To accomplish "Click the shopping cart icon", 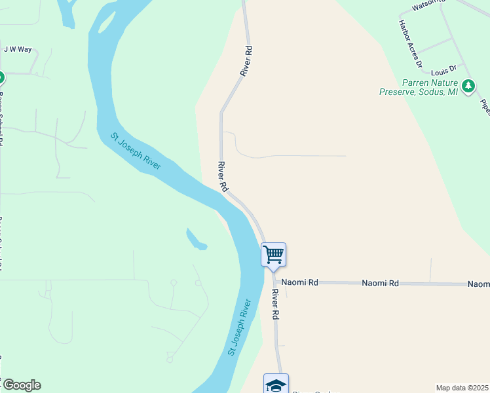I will point(273,254).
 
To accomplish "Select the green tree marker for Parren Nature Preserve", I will point(468,86).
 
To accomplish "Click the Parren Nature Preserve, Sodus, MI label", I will point(419,88).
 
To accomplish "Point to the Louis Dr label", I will point(443,68).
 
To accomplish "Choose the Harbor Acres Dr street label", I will point(410,44).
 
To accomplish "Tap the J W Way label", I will point(18,49).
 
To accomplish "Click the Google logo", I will point(21,385).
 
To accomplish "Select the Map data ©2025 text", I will point(462,388).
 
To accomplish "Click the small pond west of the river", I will point(196,240).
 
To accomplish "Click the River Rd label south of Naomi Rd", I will point(275,305).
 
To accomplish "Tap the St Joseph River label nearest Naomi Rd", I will point(240,327).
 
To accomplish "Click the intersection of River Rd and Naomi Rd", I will point(273,282).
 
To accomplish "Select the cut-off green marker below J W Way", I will point(1,78).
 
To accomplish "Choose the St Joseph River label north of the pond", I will point(136,151).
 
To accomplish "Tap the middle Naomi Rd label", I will point(380,283).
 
